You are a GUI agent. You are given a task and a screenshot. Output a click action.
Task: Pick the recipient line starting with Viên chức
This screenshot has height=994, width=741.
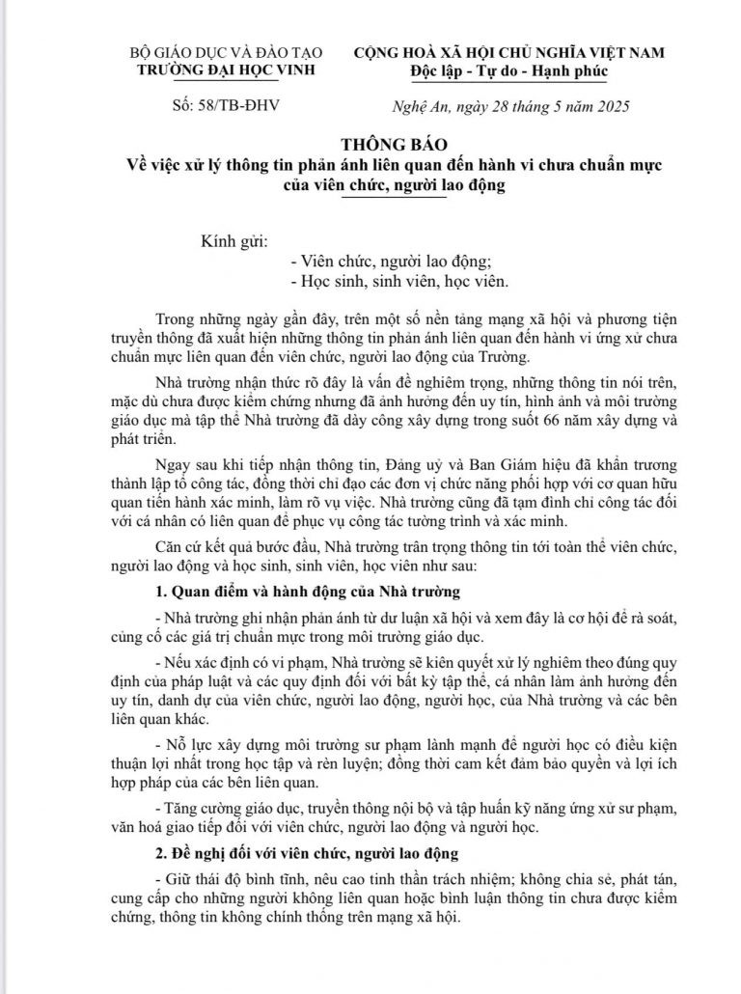[391, 261]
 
